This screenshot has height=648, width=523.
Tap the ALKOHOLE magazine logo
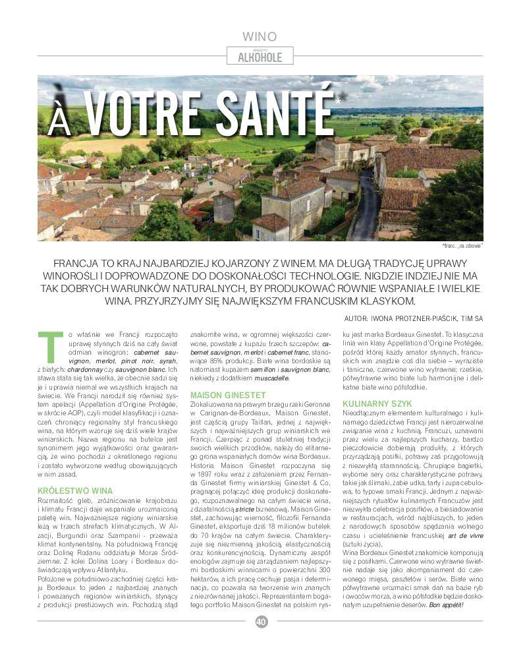pyautogui.click(x=260, y=57)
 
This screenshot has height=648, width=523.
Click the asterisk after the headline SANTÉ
pyautogui.click(x=339, y=102)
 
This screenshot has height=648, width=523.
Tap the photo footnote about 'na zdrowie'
pyautogui.click(x=462, y=245)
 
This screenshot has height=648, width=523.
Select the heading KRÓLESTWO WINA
pyautogui.click(x=75, y=490)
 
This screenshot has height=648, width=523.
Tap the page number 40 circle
pyautogui.click(x=261, y=621)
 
